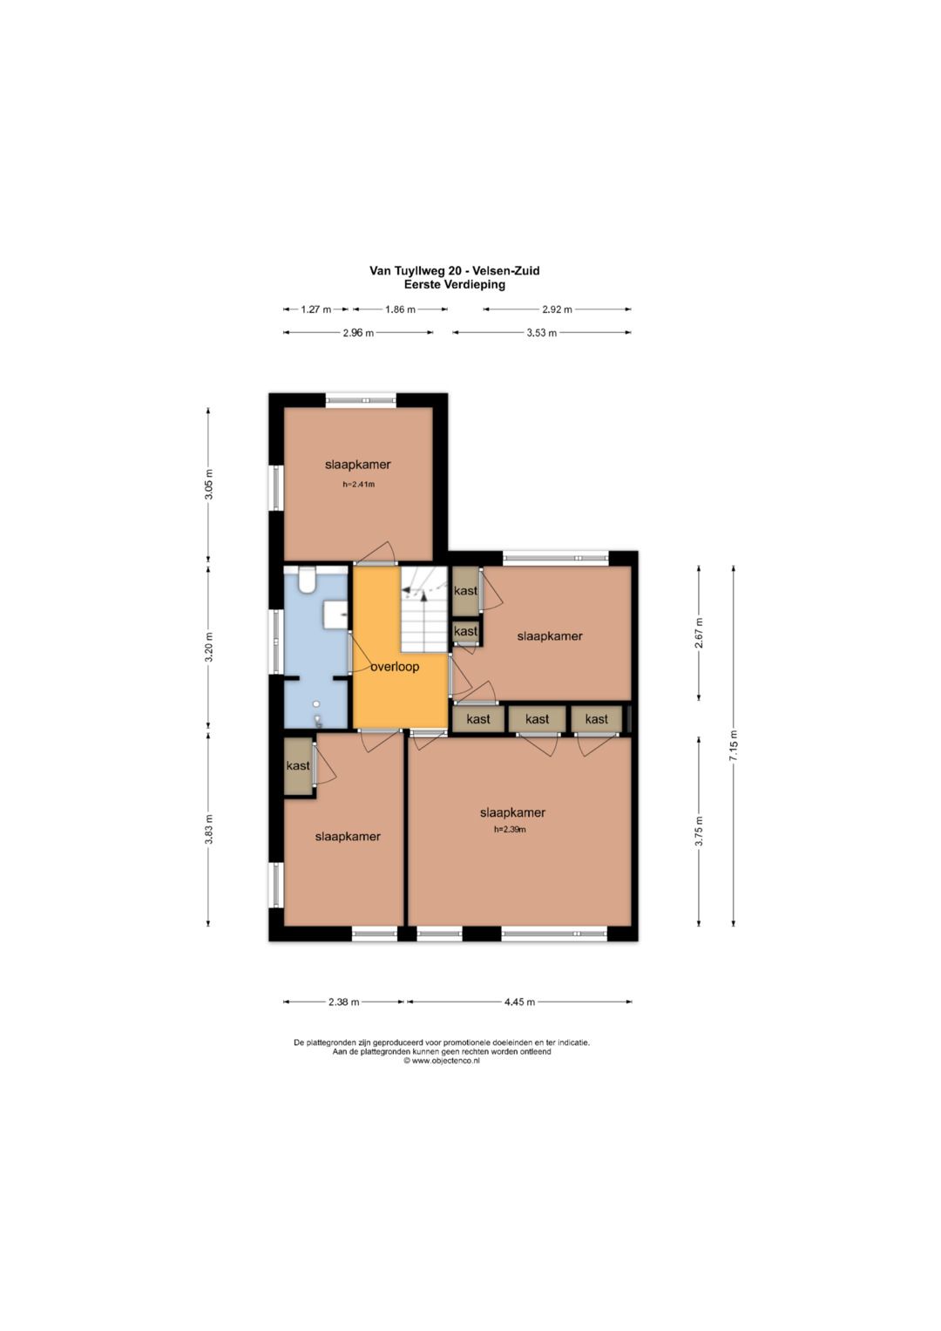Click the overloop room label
tap(395, 667)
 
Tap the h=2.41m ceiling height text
tap(358, 485)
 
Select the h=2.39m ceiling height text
tap(510, 830)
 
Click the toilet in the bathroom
tap(307, 580)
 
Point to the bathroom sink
tap(335, 614)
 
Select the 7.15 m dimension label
tap(734, 746)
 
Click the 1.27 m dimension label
tap(315, 309)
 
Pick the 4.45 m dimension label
tap(519, 1002)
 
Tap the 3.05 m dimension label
tap(208, 485)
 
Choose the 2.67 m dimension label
tap(699, 633)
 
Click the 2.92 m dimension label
tap(557, 309)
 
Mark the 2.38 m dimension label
tap(343, 1002)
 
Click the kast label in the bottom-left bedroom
tap(298, 765)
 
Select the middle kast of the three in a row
tap(537, 719)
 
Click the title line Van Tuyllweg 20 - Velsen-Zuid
tap(455, 271)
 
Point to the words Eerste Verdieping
tap(455, 285)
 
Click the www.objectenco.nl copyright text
tap(442, 1061)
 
